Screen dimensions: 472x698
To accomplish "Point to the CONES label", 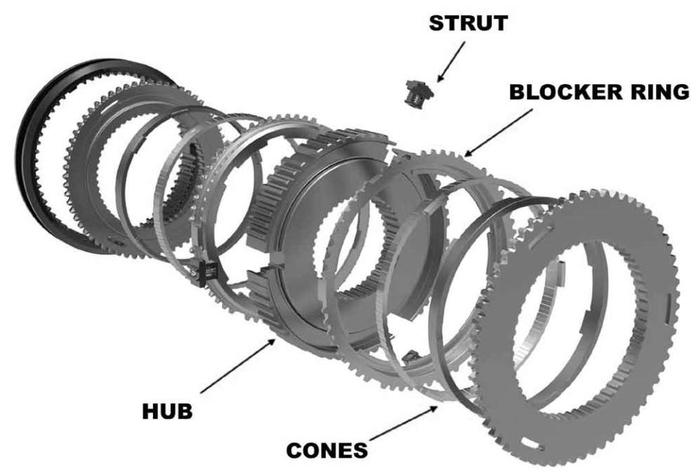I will click(327, 449).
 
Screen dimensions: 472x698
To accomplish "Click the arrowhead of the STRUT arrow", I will click(439, 79).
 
